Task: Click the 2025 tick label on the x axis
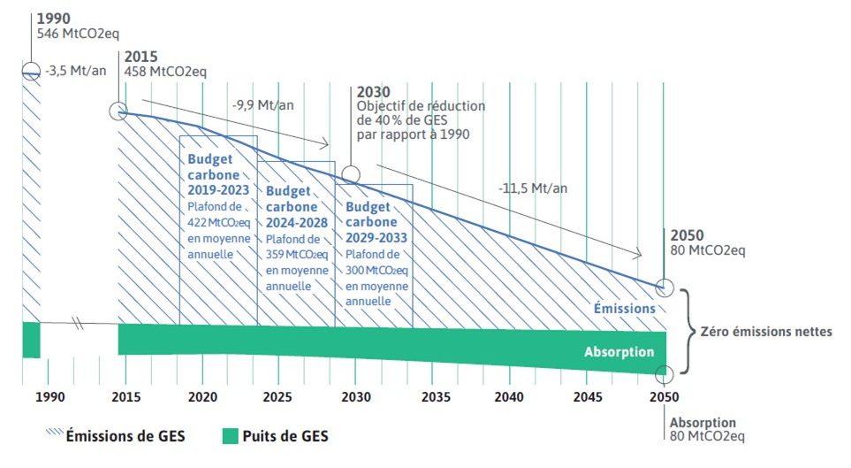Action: [x=278, y=398]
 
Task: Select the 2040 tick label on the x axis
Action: [x=509, y=398]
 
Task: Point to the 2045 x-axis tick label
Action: [x=586, y=398]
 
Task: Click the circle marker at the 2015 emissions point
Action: [x=118, y=111]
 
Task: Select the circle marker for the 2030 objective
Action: [x=351, y=175]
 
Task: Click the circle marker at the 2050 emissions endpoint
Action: [x=664, y=288]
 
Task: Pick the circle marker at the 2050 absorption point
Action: [x=664, y=374]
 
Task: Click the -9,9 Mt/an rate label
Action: [x=262, y=104]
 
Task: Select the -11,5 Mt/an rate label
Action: [x=533, y=188]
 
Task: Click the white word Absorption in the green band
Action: [x=619, y=352]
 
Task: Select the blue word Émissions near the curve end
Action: [x=625, y=309]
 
